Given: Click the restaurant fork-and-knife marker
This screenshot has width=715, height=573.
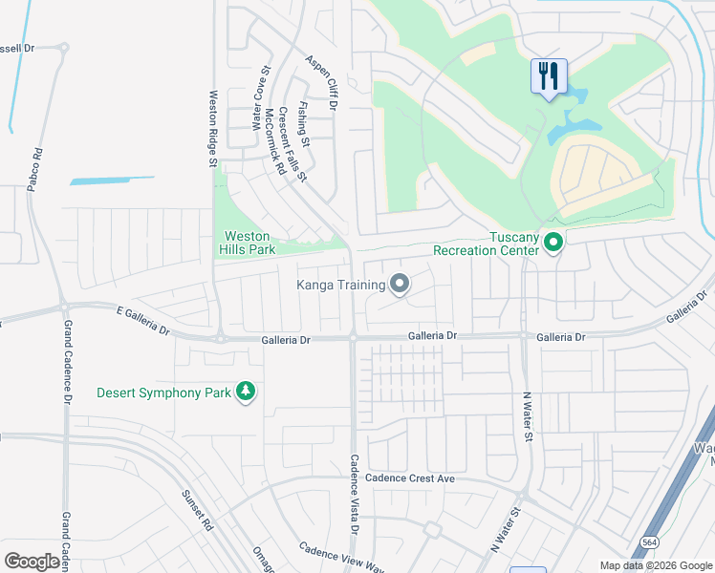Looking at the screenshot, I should (549, 76).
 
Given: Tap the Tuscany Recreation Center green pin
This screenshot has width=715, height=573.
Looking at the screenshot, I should (552, 244).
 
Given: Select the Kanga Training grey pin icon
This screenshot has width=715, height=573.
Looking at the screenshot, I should (400, 284).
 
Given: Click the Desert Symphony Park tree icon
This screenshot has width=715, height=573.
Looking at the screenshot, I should (246, 393).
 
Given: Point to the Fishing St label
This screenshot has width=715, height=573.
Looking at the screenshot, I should (304, 124).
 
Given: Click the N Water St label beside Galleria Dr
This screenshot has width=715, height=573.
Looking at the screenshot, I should (527, 415).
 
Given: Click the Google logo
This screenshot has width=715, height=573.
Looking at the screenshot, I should (32, 562).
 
